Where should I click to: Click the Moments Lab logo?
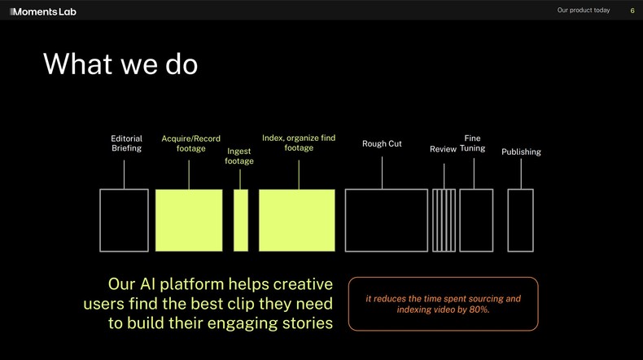pos(42,11)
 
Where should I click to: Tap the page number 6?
pos(632,11)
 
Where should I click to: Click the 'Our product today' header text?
pos(583,11)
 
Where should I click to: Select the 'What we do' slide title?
pos(120,64)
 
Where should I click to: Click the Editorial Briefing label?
pos(126,143)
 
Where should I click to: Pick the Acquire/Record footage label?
pos(190,143)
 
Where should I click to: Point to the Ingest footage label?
pos(239,156)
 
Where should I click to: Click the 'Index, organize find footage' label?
pos(299,143)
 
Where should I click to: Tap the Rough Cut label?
pos(382,144)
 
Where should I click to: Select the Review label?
pos(443,149)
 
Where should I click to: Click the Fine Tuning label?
pos(472,143)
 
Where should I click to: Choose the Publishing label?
pos(521,152)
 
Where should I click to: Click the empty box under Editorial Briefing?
pos(124,220)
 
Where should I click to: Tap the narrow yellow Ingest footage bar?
pos(241,220)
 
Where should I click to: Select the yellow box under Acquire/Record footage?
pos(189,220)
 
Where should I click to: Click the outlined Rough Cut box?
pos(386,220)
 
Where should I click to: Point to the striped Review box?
pos(444,220)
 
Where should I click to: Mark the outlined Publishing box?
pos(520,220)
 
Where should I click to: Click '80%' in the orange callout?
pos(479,310)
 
